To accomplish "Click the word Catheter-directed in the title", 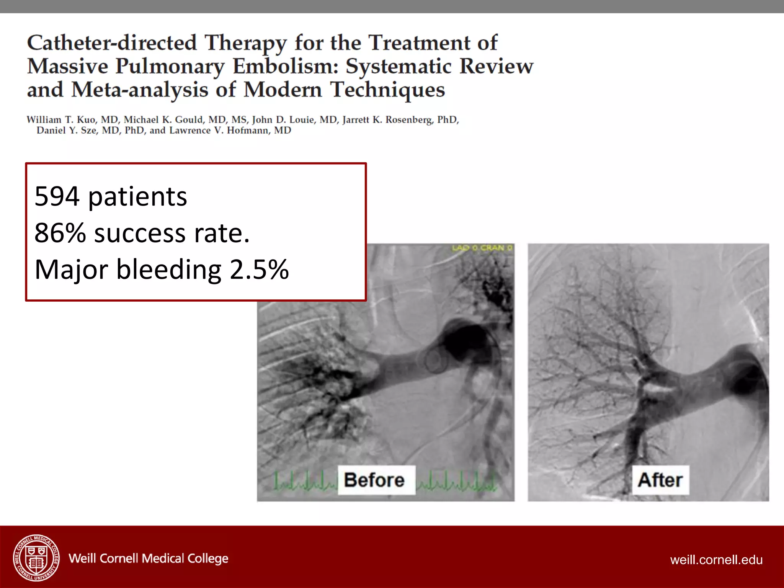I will pyautogui.click(x=112, y=42).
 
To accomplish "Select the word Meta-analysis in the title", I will pyautogui.click(x=140, y=90).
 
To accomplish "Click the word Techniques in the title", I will pyautogui.click(x=387, y=90).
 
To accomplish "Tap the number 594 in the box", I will pyautogui.click(x=57, y=196).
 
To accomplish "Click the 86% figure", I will pyautogui.click(x=60, y=233).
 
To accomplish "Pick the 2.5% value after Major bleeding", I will pyautogui.click(x=259, y=269).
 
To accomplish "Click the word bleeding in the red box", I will pyautogui.click(x=168, y=269).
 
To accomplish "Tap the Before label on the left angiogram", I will pyautogui.click(x=374, y=480).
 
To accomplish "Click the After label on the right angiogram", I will pyautogui.click(x=660, y=480).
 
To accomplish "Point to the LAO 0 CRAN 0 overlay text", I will pyautogui.click(x=482, y=248).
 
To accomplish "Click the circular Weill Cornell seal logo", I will pyautogui.click(x=36, y=557).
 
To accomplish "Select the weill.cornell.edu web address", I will pyautogui.click(x=716, y=560).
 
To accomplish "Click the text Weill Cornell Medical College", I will pyautogui.click(x=148, y=559).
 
